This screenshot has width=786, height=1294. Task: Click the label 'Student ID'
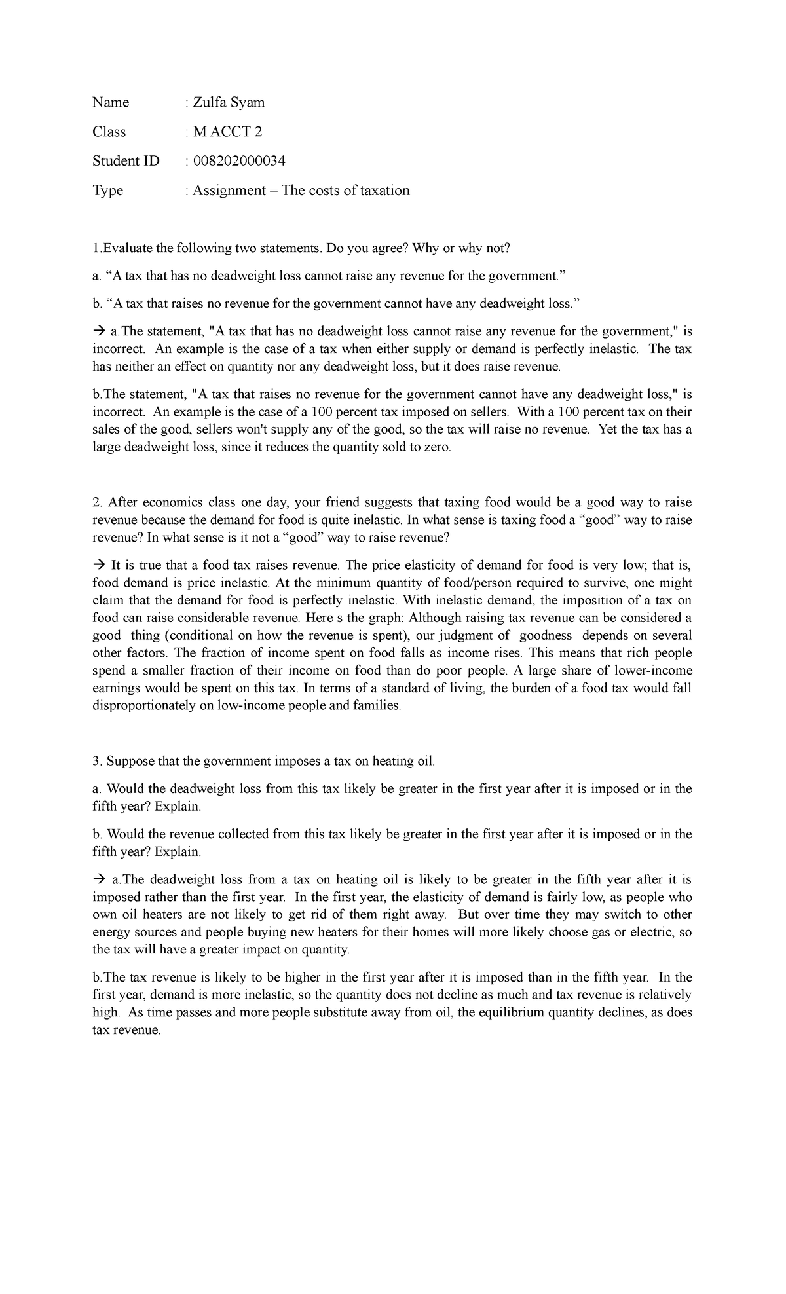pyautogui.click(x=126, y=161)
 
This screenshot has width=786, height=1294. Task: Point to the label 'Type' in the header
pyautogui.click(x=107, y=191)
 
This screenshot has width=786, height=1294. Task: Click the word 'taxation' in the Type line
pyautogui.click(x=381, y=191)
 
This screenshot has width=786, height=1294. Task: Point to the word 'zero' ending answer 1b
pyautogui.click(x=437, y=448)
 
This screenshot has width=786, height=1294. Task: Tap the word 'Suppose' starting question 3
pyautogui.click(x=129, y=761)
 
